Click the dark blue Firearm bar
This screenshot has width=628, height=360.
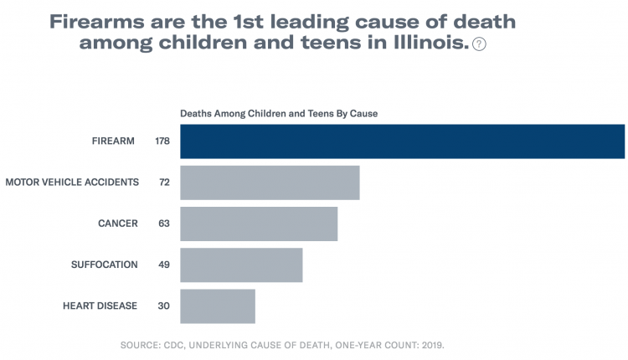click(403, 141)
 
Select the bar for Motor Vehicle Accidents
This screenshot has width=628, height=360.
click(270, 183)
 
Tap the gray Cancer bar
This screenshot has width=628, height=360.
click(259, 224)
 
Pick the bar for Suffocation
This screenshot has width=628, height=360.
click(241, 265)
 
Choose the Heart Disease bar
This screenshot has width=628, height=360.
click(218, 306)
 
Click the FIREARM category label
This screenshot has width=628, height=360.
click(113, 141)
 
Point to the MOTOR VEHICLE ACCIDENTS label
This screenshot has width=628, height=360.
click(72, 182)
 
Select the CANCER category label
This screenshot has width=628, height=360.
click(117, 224)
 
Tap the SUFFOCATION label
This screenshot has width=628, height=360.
click(105, 265)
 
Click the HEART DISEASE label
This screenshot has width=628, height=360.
click(100, 306)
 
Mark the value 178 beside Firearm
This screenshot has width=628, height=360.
click(162, 141)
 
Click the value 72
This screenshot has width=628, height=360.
click(165, 182)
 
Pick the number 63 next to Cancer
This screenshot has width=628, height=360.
click(164, 224)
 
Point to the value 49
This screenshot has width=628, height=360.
click(164, 265)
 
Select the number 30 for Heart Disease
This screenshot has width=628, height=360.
click(164, 306)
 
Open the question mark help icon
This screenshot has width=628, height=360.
click(479, 44)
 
